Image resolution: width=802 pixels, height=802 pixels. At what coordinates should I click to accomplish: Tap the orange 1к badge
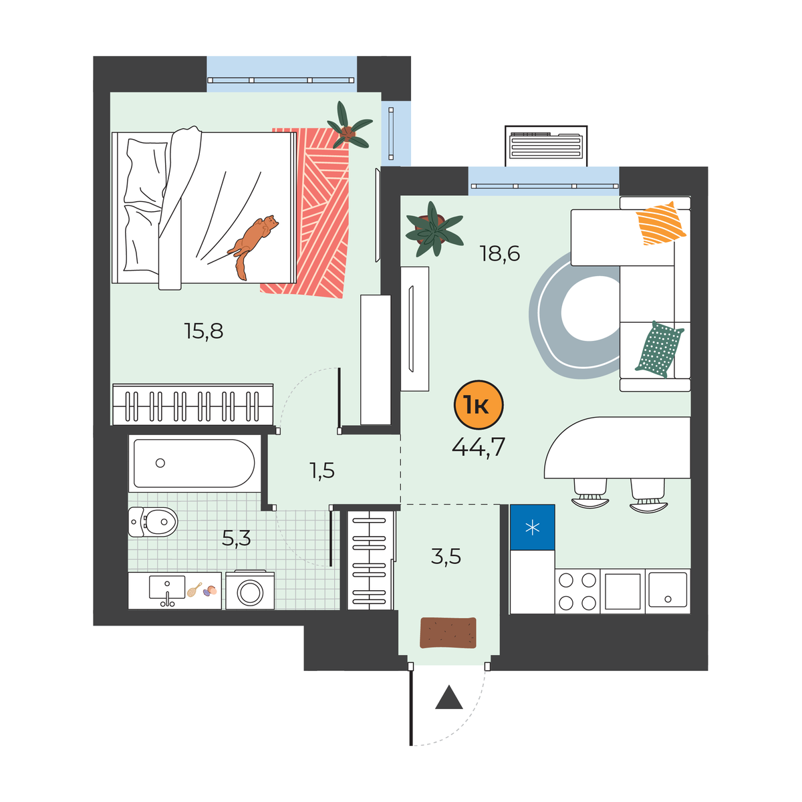tap(479, 405)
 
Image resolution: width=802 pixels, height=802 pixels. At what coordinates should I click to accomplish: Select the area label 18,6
tap(499, 253)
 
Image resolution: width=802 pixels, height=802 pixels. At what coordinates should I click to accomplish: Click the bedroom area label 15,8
tap(204, 331)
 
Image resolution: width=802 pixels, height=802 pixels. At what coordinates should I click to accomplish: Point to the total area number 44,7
tap(479, 447)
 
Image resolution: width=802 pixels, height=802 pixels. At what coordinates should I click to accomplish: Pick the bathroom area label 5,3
tap(236, 538)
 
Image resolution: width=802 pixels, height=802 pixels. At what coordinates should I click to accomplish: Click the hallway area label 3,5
tap(446, 556)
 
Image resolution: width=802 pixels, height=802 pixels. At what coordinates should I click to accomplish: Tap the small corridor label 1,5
tap(321, 471)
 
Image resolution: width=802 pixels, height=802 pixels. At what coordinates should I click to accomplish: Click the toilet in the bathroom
tap(153, 521)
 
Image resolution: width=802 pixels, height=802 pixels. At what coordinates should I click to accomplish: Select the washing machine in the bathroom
tap(250, 590)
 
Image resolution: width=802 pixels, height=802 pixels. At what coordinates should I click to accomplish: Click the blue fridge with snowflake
tap(532, 527)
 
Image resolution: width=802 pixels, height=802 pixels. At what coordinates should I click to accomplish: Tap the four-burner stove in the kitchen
tap(577, 591)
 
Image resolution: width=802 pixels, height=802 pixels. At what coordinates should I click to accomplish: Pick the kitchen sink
tap(668, 590)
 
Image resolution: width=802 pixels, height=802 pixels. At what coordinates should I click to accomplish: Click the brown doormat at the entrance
tap(448, 633)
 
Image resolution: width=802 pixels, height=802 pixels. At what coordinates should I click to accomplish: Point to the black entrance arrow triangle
tap(449, 698)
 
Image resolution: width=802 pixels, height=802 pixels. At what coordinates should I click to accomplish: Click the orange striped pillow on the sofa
tap(660, 223)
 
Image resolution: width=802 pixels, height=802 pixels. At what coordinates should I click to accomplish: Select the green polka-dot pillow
tap(659, 349)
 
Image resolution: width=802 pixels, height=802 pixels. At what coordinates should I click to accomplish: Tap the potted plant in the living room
tap(434, 229)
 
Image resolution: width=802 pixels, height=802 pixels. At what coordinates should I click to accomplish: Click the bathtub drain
tap(160, 462)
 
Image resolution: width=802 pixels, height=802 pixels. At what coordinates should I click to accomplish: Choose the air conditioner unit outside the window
tap(546, 146)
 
